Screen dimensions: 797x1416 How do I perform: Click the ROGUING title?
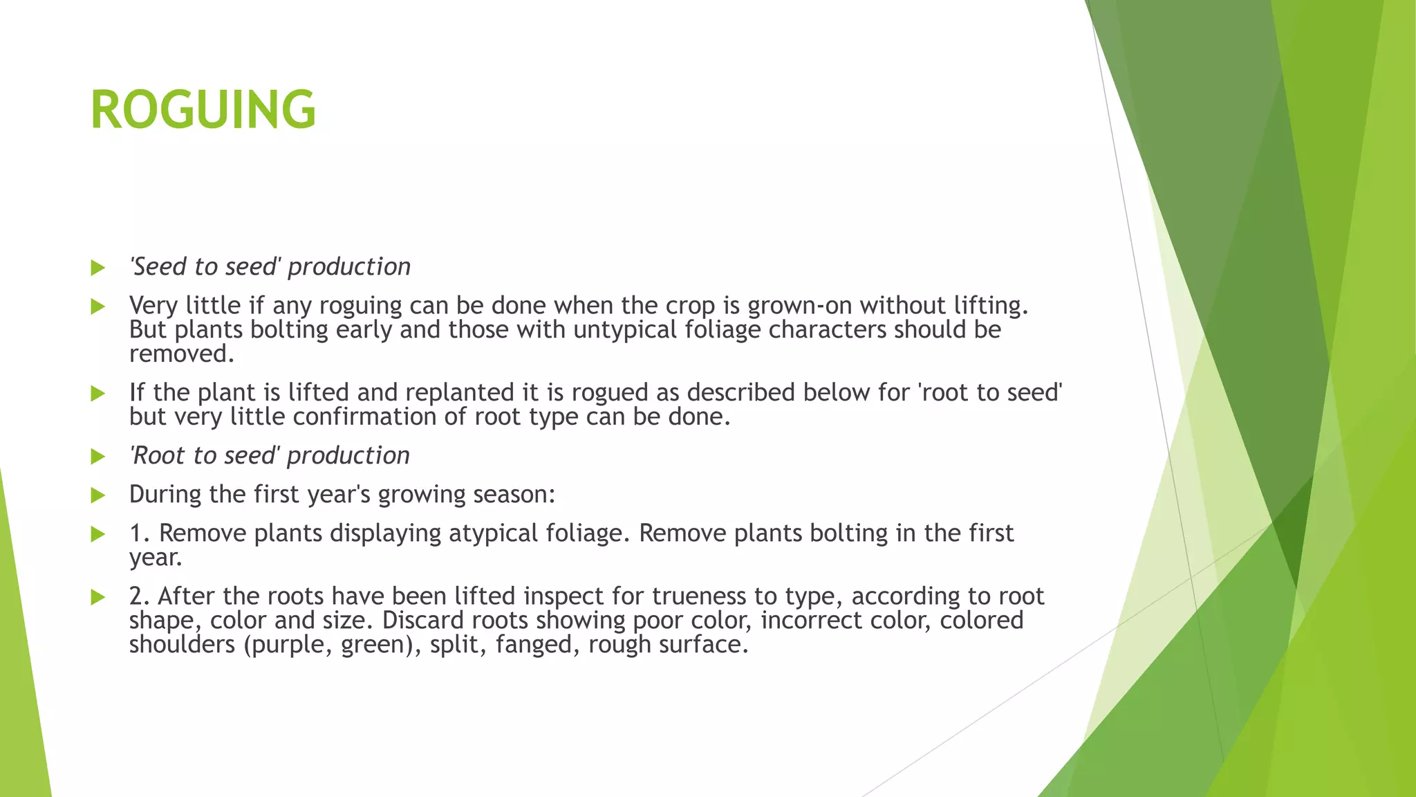203,110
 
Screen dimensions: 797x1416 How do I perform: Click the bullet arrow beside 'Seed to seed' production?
97,268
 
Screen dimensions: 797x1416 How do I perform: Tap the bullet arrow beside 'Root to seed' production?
97,457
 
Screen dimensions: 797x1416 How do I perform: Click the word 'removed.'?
182,354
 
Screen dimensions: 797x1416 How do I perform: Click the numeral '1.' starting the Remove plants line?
140,533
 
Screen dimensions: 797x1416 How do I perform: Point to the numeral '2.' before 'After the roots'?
140,596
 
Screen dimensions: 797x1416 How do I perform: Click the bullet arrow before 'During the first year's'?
97,495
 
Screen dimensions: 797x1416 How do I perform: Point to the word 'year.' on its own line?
156,558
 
